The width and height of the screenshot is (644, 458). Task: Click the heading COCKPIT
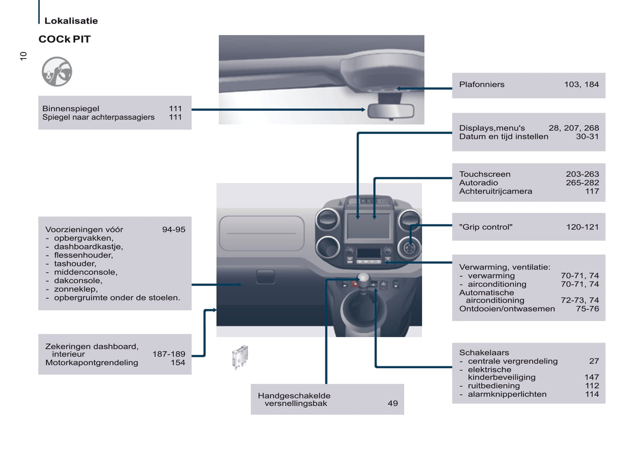click(x=64, y=39)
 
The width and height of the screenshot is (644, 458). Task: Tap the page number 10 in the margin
click(x=23, y=56)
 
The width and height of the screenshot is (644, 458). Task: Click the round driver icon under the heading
click(x=57, y=71)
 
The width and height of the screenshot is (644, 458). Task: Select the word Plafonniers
click(x=481, y=84)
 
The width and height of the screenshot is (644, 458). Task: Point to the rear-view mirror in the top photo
click(x=390, y=111)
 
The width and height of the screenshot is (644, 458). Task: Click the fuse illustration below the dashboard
click(x=240, y=357)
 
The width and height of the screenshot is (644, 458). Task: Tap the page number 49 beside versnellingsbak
click(x=392, y=404)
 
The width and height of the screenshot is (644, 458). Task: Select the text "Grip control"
click(x=485, y=227)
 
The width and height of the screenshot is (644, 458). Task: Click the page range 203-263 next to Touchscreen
click(x=582, y=174)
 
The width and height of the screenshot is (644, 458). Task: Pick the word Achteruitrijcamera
click(x=495, y=191)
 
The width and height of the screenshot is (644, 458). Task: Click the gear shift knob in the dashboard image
click(x=364, y=279)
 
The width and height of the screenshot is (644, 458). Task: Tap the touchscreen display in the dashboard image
click(x=368, y=225)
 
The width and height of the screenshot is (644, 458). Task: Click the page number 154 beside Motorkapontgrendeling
click(x=177, y=362)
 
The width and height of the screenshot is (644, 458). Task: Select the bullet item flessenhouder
click(x=83, y=255)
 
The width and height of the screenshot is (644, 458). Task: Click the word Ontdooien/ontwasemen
click(x=507, y=308)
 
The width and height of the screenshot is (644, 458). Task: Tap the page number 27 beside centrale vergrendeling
click(x=594, y=361)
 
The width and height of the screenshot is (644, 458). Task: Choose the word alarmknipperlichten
click(x=507, y=394)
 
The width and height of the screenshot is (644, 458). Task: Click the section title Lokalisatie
click(x=71, y=21)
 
